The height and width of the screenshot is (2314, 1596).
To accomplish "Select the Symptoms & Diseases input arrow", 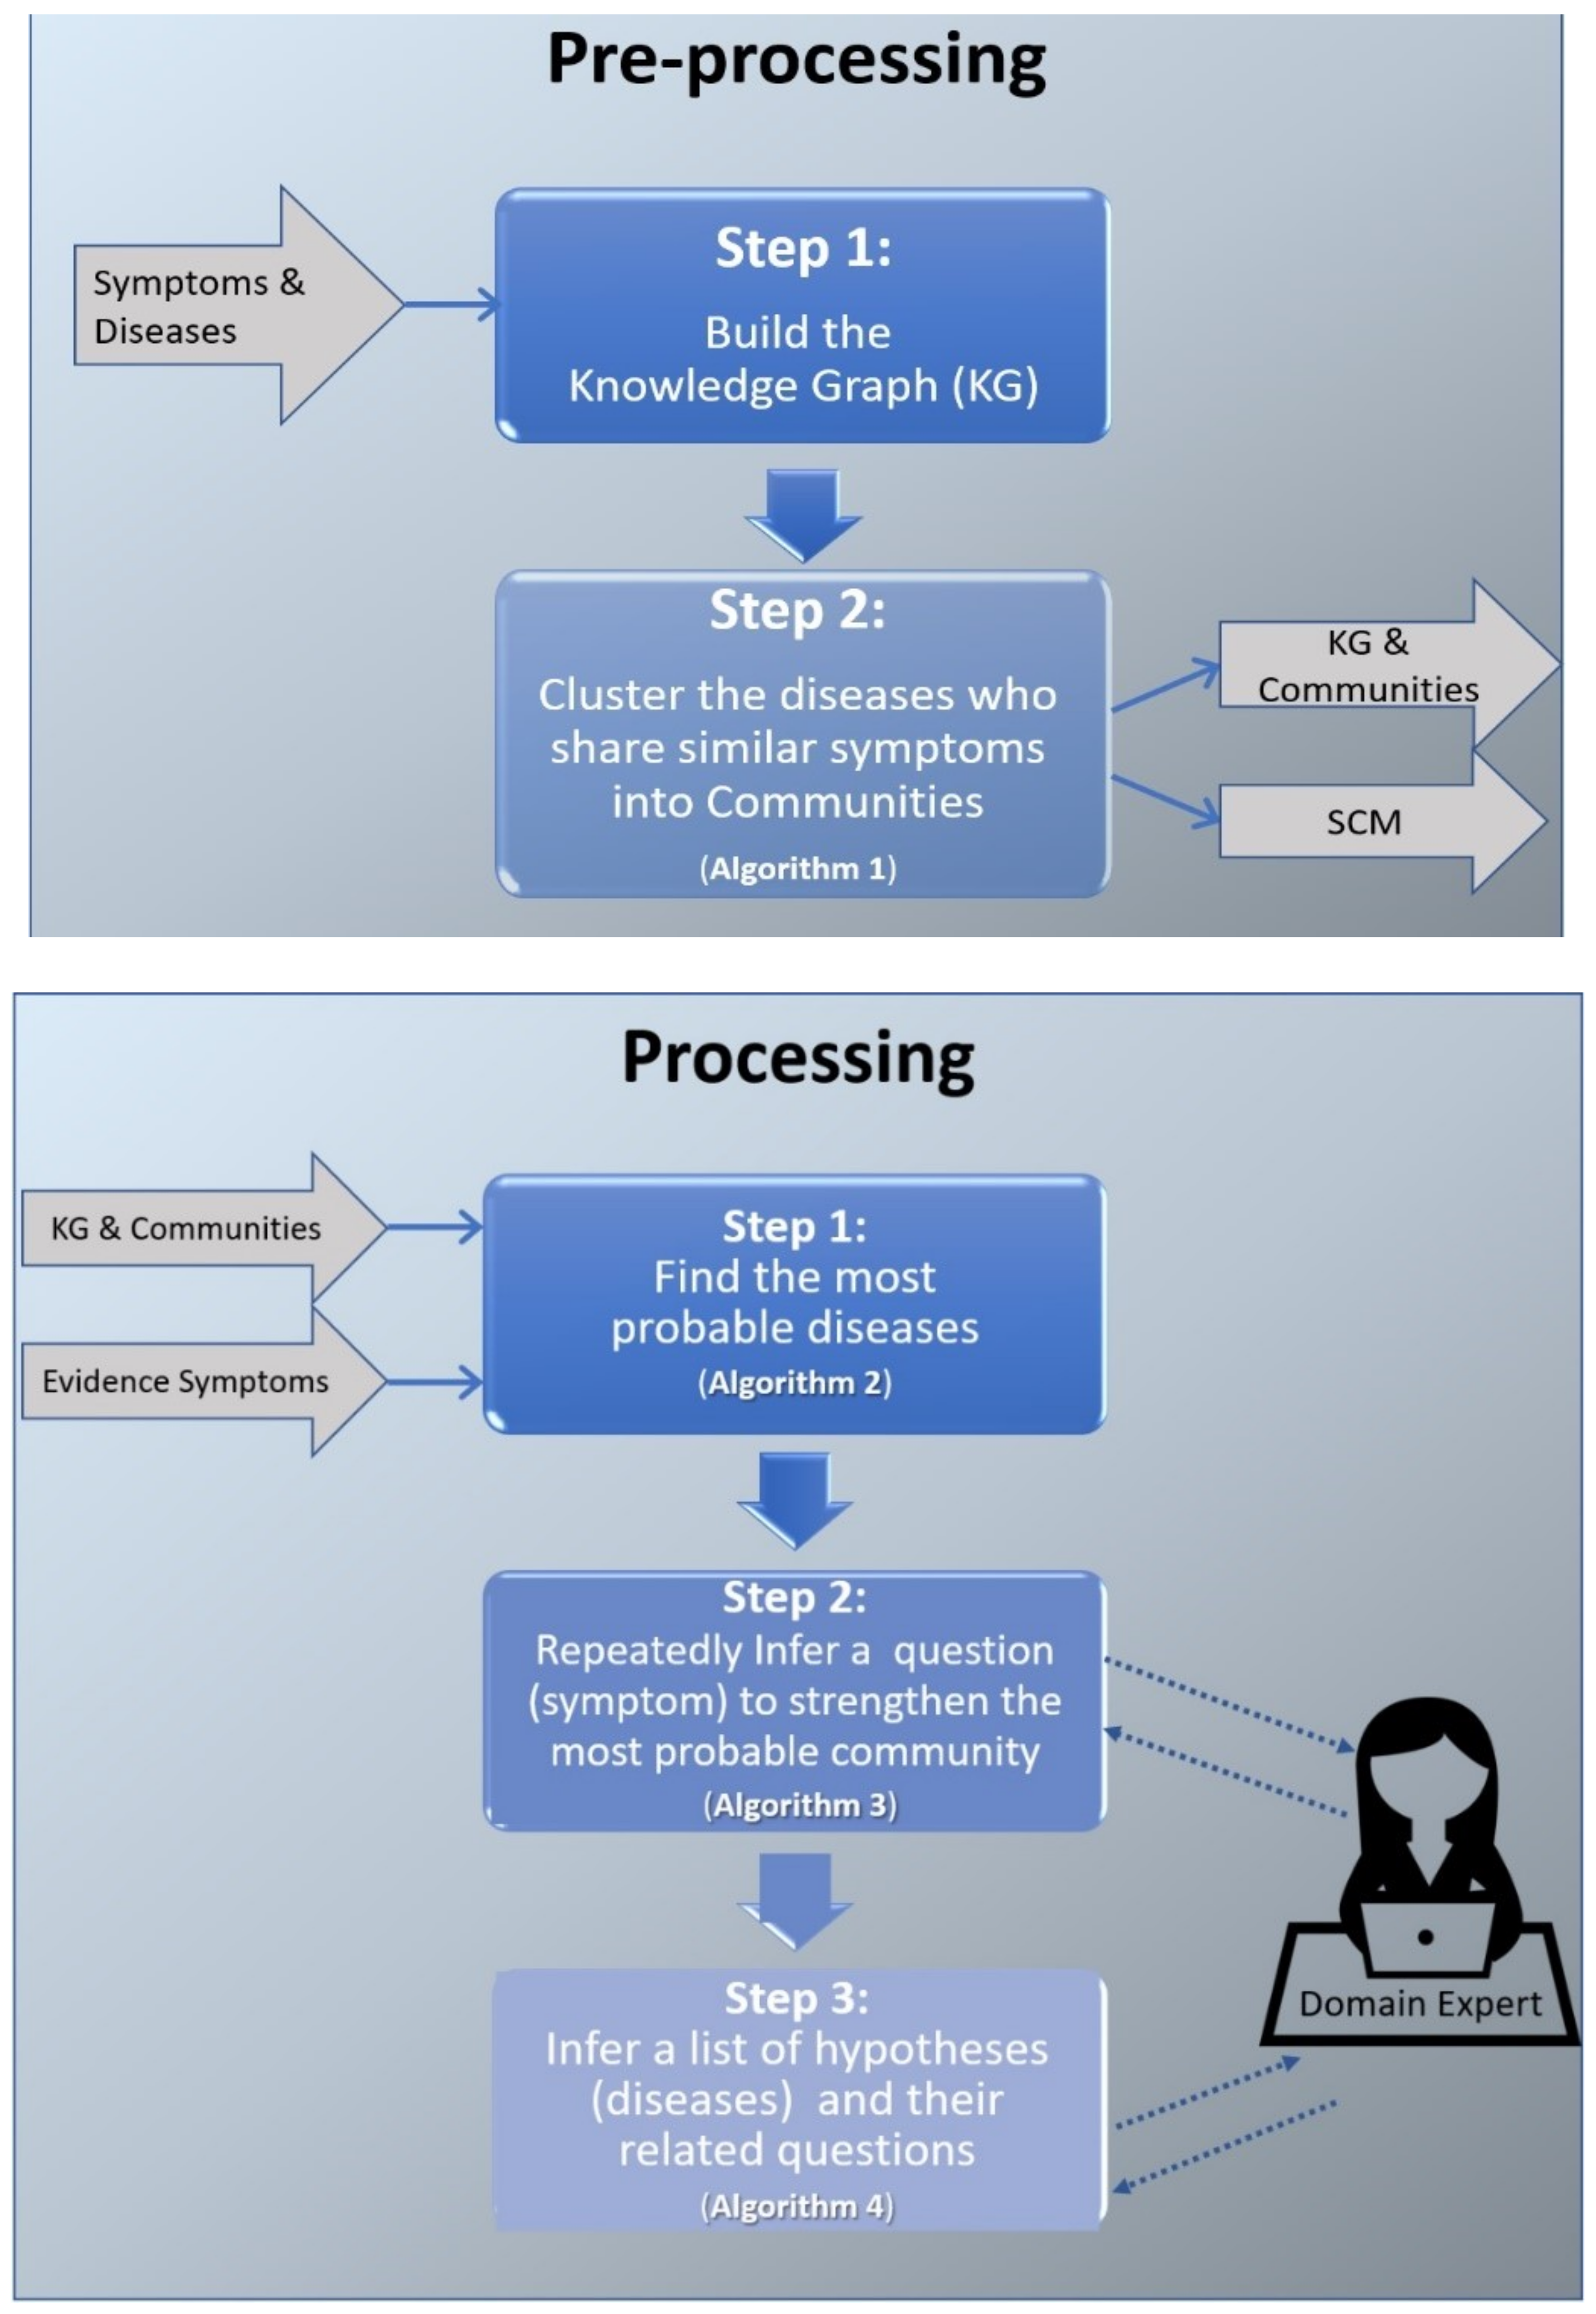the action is pyautogui.click(x=238, y=305).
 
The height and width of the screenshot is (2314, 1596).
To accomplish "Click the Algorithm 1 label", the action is pyautogui.click(x=798, y=868).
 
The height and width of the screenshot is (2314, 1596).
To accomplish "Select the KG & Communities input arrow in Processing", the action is pyautogui.click(x=203, y=1227).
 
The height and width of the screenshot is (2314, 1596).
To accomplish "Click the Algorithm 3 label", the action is pyautogui.click(x=799, y=1805).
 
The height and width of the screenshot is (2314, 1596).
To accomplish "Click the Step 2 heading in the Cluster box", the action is pyautogui.click(x=797, y=611).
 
